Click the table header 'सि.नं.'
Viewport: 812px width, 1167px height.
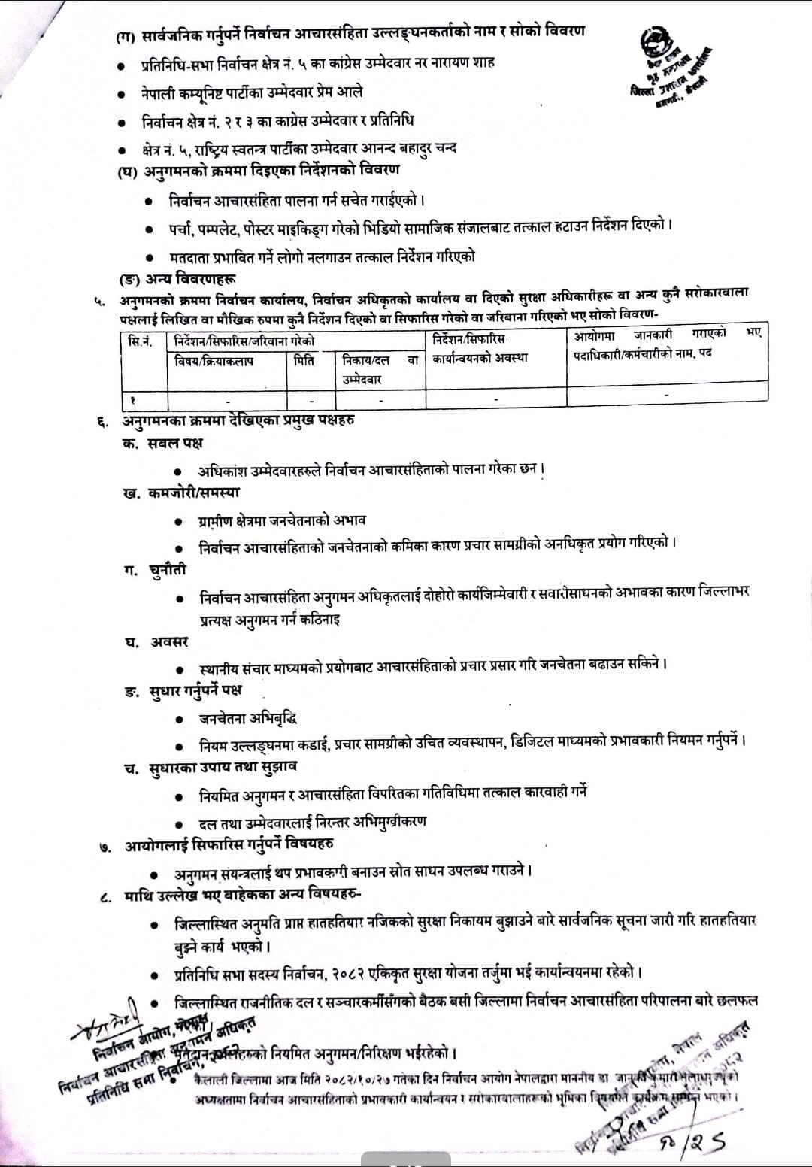[139, 342]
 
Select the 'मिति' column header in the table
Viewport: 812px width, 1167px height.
[304, 361]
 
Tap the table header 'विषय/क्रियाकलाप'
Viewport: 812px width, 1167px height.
[214, 361]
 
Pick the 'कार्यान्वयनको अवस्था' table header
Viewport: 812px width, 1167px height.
[480, 358]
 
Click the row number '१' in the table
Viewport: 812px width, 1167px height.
[132, 399]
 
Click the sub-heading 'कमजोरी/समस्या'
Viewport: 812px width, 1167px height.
[194, 493]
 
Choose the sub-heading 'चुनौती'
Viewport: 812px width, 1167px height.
[167, 570]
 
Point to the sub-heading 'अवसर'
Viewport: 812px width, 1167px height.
[168, 642]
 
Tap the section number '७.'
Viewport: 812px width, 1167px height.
[106, 847]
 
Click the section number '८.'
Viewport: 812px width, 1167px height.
[106, 896]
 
